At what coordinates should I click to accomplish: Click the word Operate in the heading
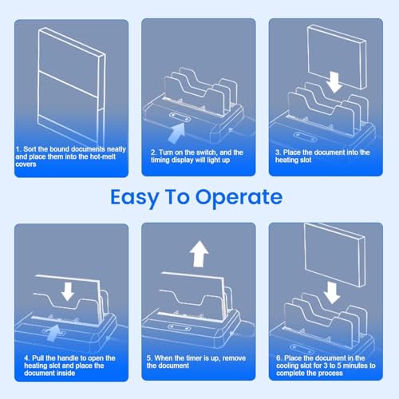click(x=239, y=198)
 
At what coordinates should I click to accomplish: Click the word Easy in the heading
click(x=135, y=198)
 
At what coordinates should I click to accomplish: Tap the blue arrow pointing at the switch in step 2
click(x=177, y=132)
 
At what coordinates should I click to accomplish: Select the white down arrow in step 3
click(x=334, y=82)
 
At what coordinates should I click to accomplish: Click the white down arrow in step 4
click(x=68, y=291)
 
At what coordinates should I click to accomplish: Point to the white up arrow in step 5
click(x=199, y=254)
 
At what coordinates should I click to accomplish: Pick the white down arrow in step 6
click(x=332, y=293)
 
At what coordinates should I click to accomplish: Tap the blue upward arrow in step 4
click(x=53, y=334)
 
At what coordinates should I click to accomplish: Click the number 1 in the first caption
click(x=18, y=149)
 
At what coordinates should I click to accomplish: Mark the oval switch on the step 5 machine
click(x=179, y=327)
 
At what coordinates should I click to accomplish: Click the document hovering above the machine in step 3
click(x=337, y=57)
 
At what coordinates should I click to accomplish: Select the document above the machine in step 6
click(x=334, y=255)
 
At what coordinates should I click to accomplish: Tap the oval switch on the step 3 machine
click(x=306, y=136)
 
